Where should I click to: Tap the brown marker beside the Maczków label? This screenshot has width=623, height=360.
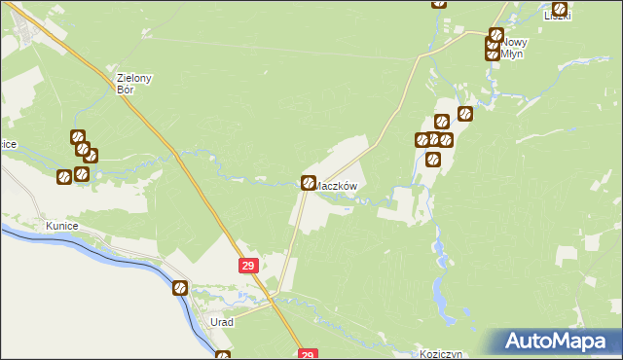click(x=309, y=182)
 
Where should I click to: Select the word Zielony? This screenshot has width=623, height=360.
click(x=136, y=78)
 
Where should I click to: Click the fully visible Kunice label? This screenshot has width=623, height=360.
click(x=60, y=226)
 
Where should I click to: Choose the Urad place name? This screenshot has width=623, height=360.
click(x=223, y=321)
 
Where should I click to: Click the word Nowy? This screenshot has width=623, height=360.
click(x=515, y=43)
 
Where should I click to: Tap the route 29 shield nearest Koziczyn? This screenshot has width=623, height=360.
click(x=307, y=355)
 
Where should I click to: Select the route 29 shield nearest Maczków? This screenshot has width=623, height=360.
click(x=247, y=265)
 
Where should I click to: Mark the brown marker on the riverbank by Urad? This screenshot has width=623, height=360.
click(x=180, y=287)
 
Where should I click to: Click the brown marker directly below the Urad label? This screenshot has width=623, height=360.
click(x=223, y=355)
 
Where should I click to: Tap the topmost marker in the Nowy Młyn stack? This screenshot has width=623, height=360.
click(x=495, y=36)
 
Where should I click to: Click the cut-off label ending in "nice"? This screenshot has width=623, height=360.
click(x=7, y=144)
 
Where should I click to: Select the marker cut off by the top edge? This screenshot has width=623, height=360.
click(x=439, y=3)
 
